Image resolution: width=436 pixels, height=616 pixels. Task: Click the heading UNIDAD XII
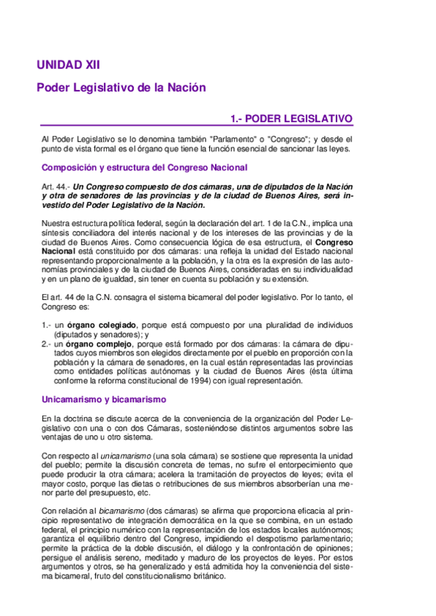click(x=68, y=65)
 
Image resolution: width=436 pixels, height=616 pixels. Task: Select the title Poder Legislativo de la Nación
click(x=121, y=87)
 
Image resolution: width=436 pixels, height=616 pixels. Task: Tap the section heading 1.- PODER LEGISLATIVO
click(x=291, y=118)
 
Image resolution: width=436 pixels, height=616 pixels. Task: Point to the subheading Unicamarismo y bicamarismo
click(x=104, y=399)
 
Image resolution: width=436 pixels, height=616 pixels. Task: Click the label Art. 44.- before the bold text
click(x=57, y=187)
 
